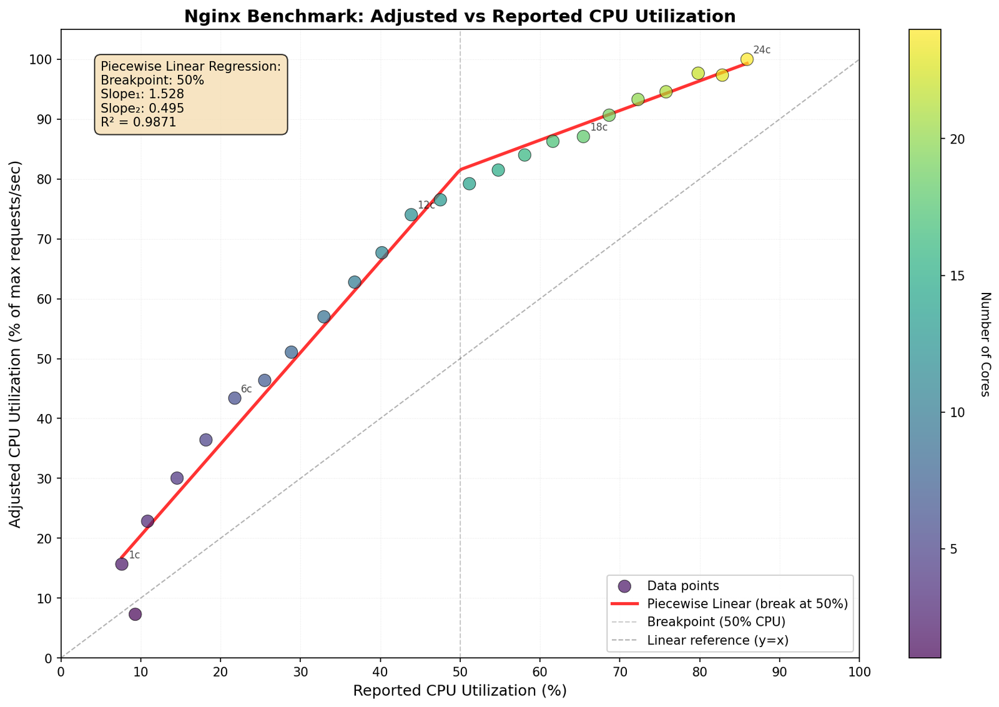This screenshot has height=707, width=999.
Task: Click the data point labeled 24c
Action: pyautogui.click(x=747, y=59)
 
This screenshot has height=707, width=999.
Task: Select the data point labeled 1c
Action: pyautogui.click(x=122, y=564)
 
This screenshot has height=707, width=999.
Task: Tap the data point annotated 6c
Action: pyautogui.click(x=235, y=398)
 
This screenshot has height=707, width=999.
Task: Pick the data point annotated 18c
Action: pyautogui.click(x=583, y=136)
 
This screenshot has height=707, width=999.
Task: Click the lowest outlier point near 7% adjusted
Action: pyautogui.click(x=135, y=614)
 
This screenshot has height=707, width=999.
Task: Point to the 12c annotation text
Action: pyautogui.click(x=426, y=205)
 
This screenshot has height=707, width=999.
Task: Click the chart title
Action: pyautogui.click(x=460, y=16)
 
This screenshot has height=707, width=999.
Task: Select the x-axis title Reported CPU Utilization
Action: pyautogui.click(x=460, y=691)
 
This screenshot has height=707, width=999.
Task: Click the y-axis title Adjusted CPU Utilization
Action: pyautogui.click(x=16, y=344)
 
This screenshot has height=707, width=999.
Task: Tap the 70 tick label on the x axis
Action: pyautogui.click(x=619, y=672)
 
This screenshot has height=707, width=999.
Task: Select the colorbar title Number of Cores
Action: pyautogui.click(x=985, y=344)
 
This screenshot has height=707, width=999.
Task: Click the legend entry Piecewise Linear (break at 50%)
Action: pyautogui.click(x=747, y=604)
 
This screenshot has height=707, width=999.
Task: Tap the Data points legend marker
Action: pyautogui.click(x=624, y=586)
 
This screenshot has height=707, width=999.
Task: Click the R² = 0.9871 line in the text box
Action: pyautogui.click(x=139, y=122)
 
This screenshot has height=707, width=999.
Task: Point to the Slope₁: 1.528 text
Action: pyautogui.click(x=142, y=94)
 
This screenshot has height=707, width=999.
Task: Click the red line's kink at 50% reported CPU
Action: pyautogui.click(x=460, y=169)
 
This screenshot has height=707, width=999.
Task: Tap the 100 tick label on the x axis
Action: pyautogui.click(x=859, y=672)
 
